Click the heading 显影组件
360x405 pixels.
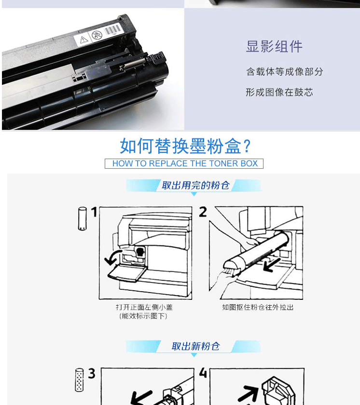pyautogui.click(x=274, y=46)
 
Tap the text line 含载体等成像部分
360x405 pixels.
pyautogui.click(x=285, y=71)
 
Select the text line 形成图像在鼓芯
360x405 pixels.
pyautogui.click(x=279, y=92)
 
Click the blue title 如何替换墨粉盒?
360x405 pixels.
pyautogui.click(x=185, y=146)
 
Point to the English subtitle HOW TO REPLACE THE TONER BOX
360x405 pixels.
pyautogui.click(x=185, y=163)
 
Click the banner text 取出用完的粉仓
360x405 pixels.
pyautogui.click(x=195, y=185)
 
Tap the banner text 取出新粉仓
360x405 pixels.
pyautogui.click(x=195, y=346)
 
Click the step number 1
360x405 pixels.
pyautogui.click(x=94, y=212)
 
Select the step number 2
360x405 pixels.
pyautogui.click(x=203, y=212)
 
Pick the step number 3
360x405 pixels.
pyautogui.click(x=92, y=374)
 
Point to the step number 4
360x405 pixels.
pyautogui.click(x=203, y=373)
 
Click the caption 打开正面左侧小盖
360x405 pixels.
pyautogui.click(x=144, y=307)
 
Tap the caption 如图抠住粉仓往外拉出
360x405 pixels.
pyautogui.click(x=258, y=307)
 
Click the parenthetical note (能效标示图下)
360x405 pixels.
pyautogui.click(x=143, y=316)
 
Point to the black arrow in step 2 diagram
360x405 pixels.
pyautogui.click(x=272, y=265)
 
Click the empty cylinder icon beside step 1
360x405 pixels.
pyautogui.click(x=83, y=218)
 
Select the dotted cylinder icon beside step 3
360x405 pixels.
pyautogui.click(x=79, y=380)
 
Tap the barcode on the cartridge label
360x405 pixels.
pyautogui.click(x=112, y=30)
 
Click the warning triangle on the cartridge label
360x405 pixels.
pyautogui.click(x=84, y=40)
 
